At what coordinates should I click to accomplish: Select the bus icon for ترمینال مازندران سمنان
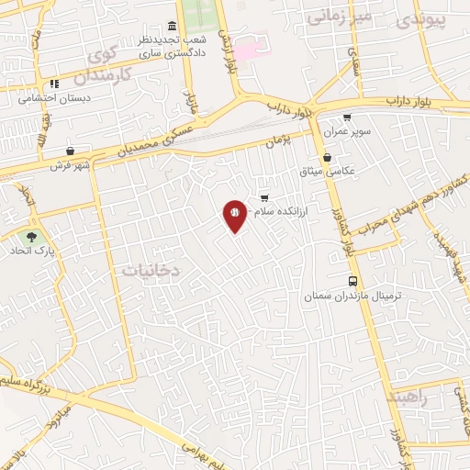(353, 282)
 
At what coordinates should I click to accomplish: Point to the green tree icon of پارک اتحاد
(33, 236)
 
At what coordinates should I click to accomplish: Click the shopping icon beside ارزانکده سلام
(264, 198)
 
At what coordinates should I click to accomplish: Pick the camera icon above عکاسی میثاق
(328, 158)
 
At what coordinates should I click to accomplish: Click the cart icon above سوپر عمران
(346, 117)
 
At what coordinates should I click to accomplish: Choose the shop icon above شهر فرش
(71, 151)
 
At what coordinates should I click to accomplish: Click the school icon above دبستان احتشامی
(54, 84)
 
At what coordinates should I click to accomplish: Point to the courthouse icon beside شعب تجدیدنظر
(173, 27)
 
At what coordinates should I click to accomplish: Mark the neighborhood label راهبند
(408, 397)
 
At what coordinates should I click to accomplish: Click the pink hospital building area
(249, 46)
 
